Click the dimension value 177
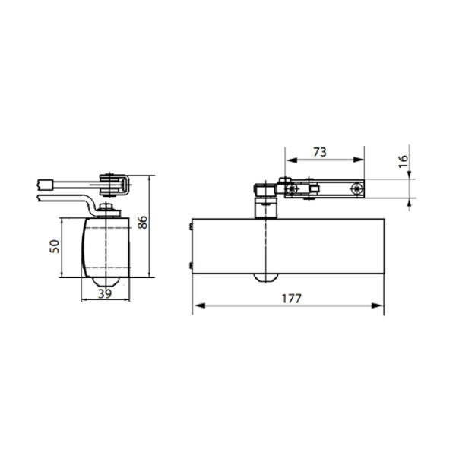click(x=291, y=299)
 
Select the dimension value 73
click(x=320, y=152)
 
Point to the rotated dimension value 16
click(x=404, y=161)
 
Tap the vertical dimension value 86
click(x=143, y=223)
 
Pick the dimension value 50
click(x=55, y=246)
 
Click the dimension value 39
click(x=105, y=293)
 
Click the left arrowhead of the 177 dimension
click(x=199, y=306)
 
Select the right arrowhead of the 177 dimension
click(x=378, y=306)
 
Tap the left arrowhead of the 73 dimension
click(x=292, y=160)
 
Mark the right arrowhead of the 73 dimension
click(x=358, y=160)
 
